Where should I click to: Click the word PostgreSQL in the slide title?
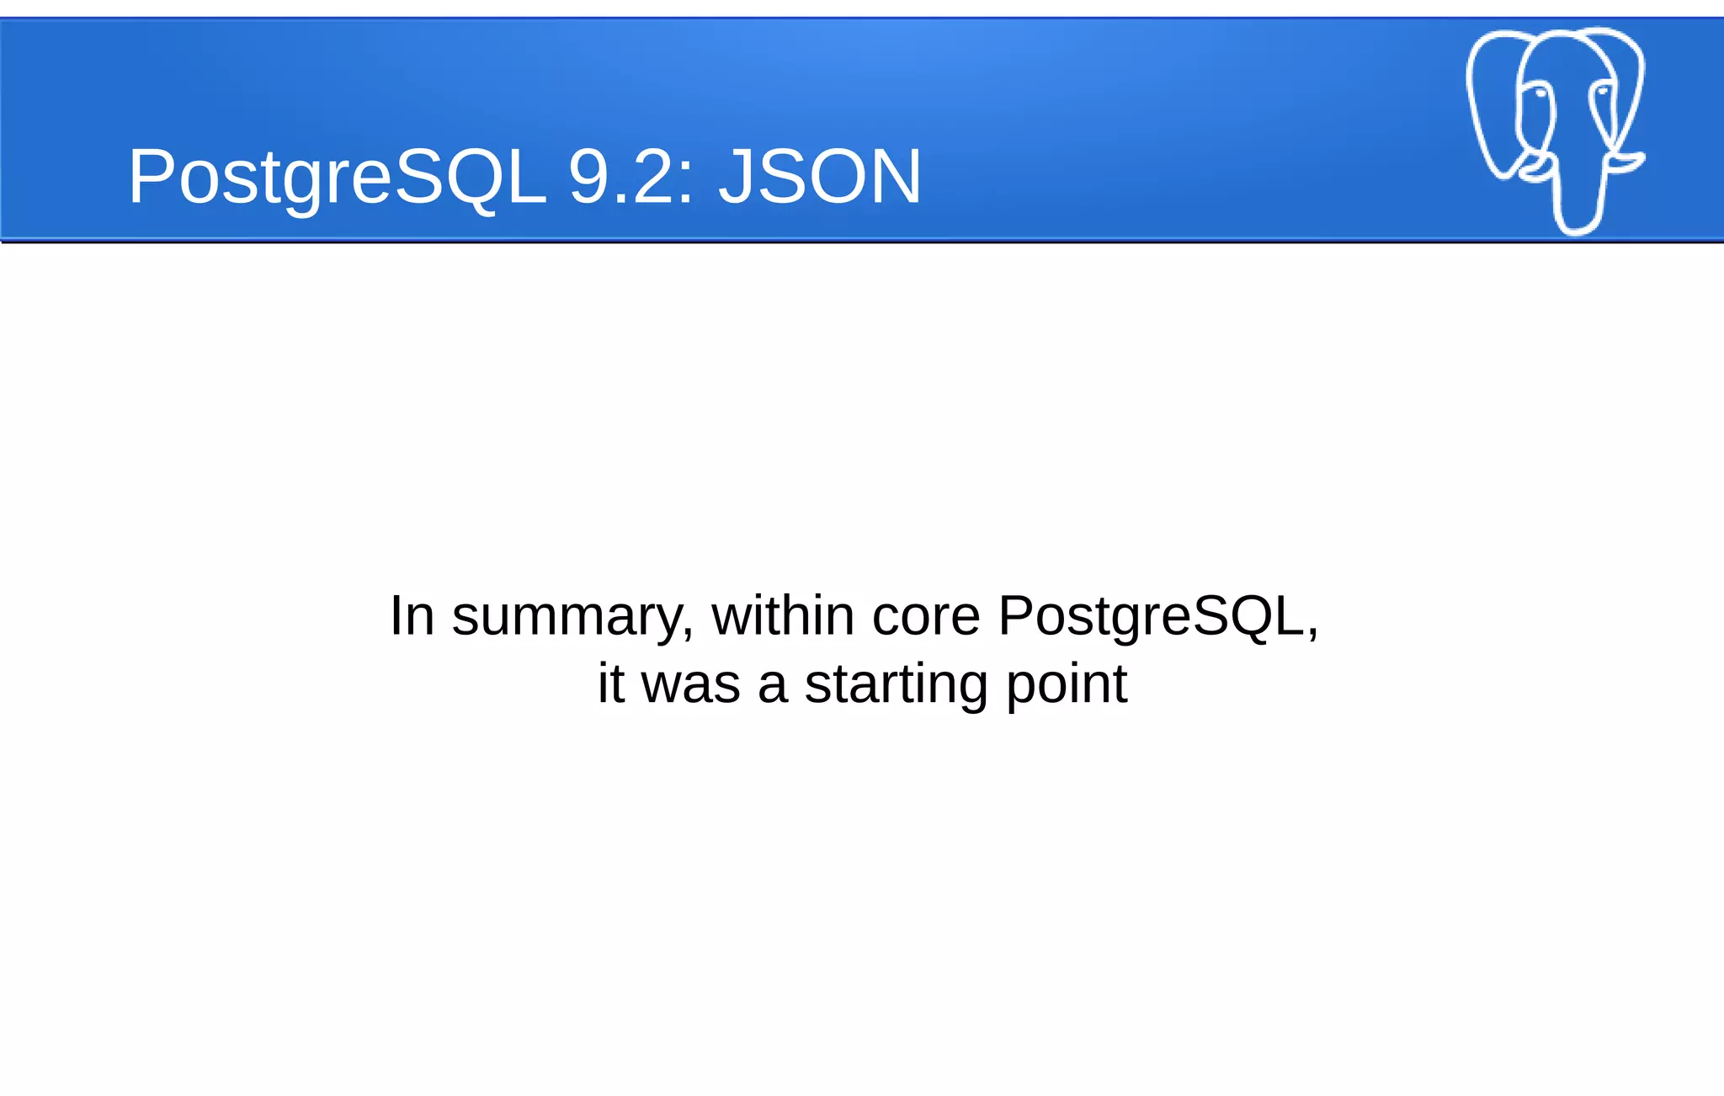[337, 177]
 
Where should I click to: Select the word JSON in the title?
[820, 177]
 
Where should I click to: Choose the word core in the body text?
[926, 617]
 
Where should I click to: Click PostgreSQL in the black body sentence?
[1158, 617]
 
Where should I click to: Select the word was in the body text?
[691, 684]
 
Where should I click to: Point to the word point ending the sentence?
[1067, 684]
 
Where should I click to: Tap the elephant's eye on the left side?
[1540, 92]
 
